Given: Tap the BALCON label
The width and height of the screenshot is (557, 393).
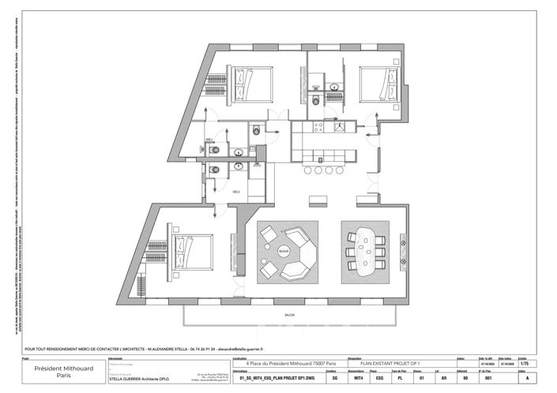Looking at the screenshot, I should pyautogui.click(x=289, y=315).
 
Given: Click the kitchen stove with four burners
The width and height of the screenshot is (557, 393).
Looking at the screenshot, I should pyautogui.click(x=320, y=126).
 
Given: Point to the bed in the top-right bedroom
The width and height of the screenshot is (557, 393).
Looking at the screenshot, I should pyautogui.click(x=379, y=83).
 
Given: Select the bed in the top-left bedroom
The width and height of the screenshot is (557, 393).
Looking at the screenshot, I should pyautogui.click(x=250, y=83).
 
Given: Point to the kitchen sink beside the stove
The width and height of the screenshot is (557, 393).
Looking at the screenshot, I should pyautogui.click(x=339, y=126).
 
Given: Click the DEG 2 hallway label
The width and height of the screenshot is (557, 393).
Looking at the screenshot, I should pyautogui.click(x=236, y=192).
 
